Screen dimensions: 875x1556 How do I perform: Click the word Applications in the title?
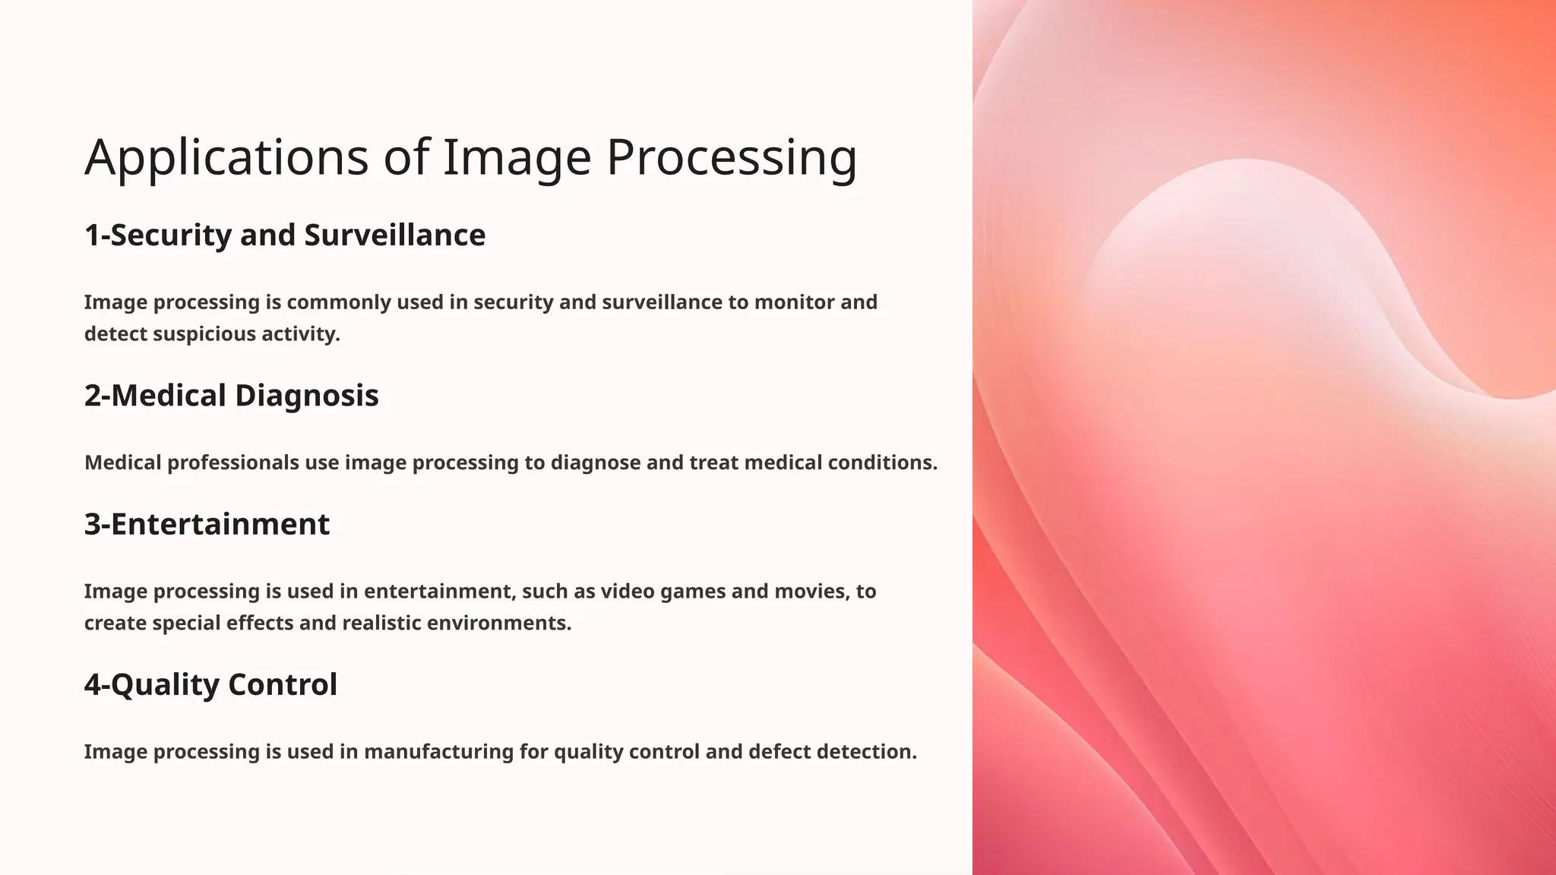(226, 158)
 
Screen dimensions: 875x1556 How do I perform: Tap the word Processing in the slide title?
(732, 158)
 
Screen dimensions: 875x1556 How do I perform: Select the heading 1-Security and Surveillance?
(285, 235)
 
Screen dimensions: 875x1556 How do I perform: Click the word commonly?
(338, 302)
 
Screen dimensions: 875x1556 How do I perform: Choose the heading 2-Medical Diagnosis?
(231, 396)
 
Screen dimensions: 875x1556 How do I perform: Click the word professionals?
(232, 463)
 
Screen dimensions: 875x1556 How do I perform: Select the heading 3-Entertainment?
(207, 524)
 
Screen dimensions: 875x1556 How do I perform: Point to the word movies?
(813, 591)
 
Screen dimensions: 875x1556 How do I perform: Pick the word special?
(186, 623)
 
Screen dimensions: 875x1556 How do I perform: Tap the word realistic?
(381, 623)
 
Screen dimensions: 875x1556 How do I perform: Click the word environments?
(498, 623)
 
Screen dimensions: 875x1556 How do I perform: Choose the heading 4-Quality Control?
(210, 684)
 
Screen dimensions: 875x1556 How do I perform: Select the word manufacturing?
(438, 752)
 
